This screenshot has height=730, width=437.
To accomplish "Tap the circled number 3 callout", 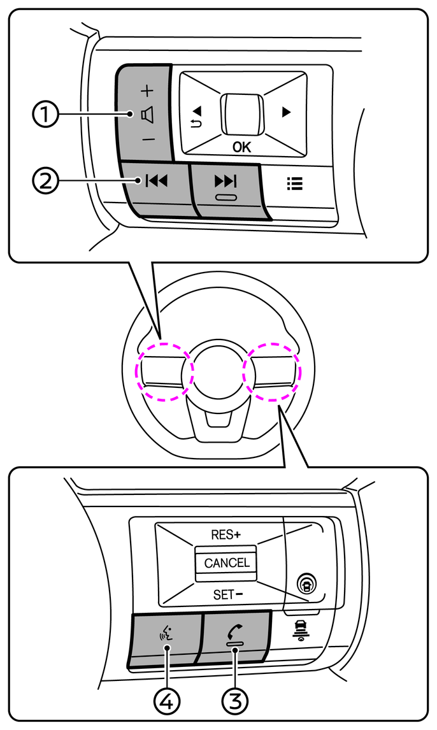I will (235, 701).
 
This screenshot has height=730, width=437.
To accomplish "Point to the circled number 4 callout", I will (167, 701).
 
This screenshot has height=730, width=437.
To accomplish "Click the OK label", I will (241, 147).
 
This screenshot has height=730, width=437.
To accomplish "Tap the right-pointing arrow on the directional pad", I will (286, 112).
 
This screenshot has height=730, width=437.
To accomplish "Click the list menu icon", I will (295, 183).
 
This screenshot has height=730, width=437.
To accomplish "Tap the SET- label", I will (227, 595).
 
